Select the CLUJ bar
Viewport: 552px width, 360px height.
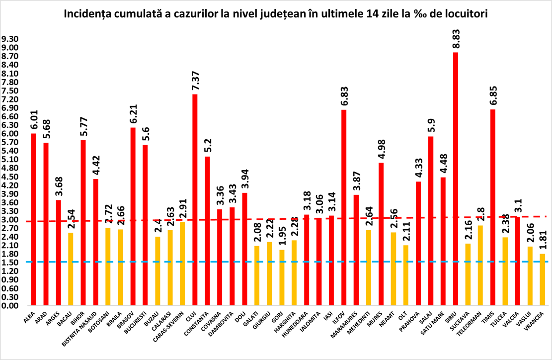point(195,199)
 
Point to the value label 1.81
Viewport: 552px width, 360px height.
point(543,240)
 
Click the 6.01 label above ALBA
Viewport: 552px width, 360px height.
point(34,119)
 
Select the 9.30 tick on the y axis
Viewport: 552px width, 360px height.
point(10,39)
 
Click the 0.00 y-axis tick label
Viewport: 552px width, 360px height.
point(10,305)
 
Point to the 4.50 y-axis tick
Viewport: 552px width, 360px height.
point(10,177)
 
